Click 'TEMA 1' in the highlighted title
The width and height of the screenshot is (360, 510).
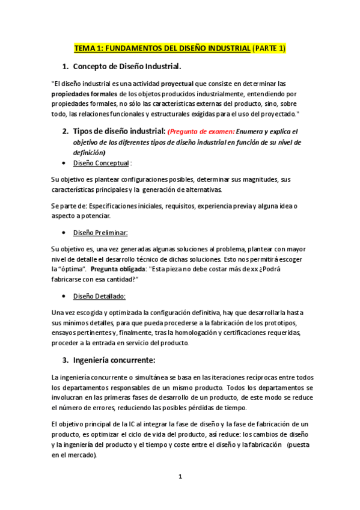88,48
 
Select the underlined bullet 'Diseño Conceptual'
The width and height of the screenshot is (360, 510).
100,163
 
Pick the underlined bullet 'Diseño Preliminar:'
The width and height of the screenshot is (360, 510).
100,232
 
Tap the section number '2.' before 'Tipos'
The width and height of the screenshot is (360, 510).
66,131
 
